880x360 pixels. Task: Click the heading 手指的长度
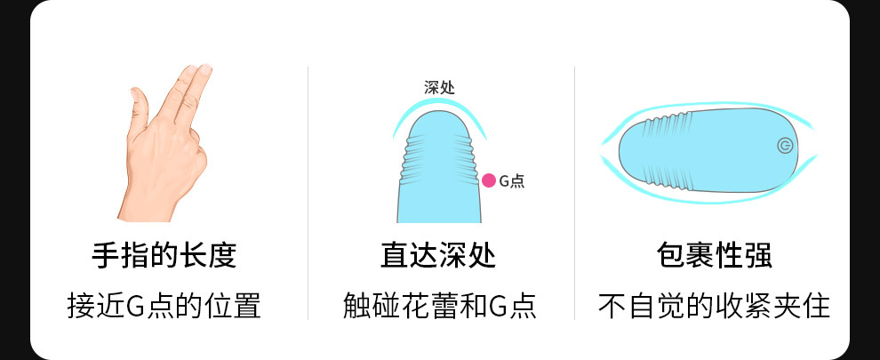pos(164,256)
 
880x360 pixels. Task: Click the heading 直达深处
pos(438,256)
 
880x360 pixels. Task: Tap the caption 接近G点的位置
pos(164,306)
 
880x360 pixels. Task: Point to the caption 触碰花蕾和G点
pos(439,306)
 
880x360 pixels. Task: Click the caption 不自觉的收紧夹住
pos(714,306)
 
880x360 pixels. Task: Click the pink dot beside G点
pos(488,180)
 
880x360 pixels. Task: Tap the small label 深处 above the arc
pos(440,88)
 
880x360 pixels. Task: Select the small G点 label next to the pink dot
pos(511,181)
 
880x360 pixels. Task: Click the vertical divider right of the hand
pos(308,192)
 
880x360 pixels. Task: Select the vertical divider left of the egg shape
pos(574,192)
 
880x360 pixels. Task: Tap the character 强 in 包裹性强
pos(758,256)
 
